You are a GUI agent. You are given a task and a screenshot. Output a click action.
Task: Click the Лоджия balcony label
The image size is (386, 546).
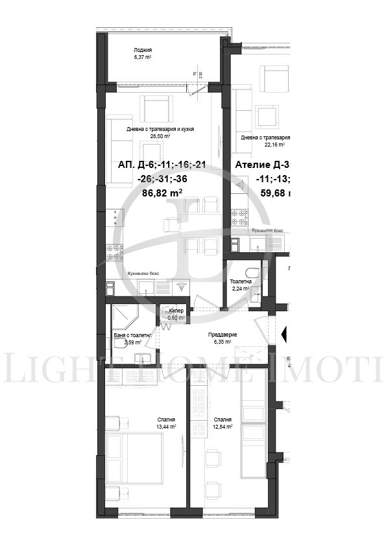(x=143, y=50)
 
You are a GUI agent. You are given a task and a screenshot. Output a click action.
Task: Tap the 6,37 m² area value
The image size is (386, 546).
(x=143, y=57)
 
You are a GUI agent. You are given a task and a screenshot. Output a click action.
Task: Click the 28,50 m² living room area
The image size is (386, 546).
(x=160, y=137)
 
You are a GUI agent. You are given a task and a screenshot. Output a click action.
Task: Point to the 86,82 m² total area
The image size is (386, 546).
(x=162, y=193)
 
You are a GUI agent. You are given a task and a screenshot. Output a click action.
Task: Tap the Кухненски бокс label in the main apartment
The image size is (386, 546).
(x=143, y=274)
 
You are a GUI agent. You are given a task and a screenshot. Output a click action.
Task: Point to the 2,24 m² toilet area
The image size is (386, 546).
(x=241, y=289)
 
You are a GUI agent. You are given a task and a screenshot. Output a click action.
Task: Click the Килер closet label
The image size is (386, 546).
(x=176, y=312)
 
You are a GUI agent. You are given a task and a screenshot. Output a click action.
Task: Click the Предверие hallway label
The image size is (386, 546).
(x=222, y=335)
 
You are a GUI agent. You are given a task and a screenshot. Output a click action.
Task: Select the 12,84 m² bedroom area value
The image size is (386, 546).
(x=223, y=427)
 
